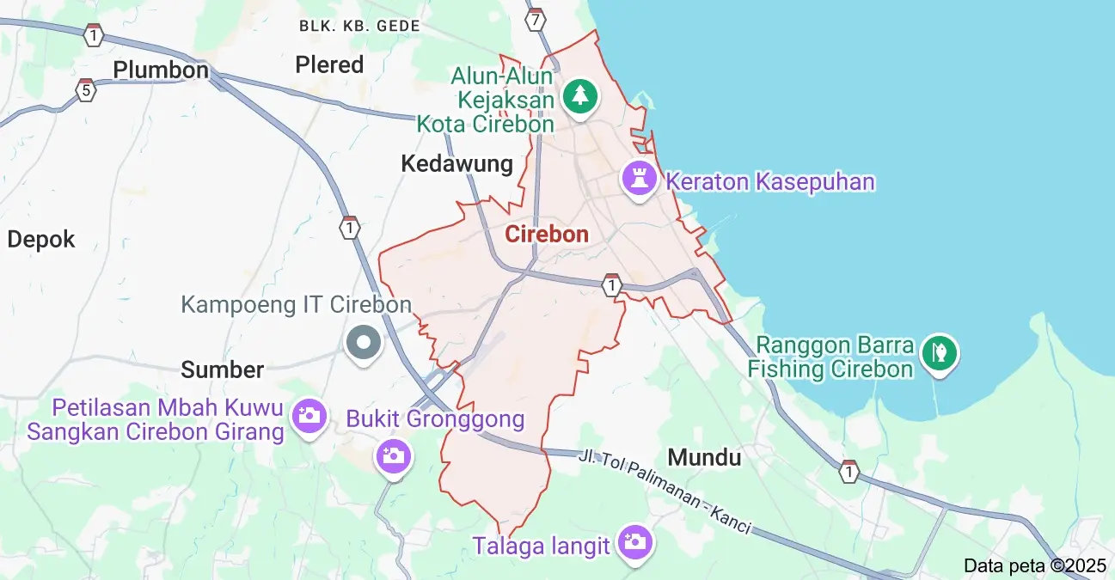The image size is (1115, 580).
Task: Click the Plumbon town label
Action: (161, 70)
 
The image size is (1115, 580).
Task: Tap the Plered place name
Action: (329, 64)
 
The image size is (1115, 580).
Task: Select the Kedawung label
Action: (456, 163)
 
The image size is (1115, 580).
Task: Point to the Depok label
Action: (41, 239)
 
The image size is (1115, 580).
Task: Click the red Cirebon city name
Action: (547, 234)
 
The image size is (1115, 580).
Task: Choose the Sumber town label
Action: (222, 369)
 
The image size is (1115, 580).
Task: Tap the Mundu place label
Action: (704, 457)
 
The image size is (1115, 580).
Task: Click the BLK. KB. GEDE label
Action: (359, 26)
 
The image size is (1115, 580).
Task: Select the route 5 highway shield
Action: (84, 89)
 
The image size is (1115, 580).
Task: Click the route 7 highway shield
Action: (536, 19)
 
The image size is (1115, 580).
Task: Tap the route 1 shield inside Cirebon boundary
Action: (611, 284)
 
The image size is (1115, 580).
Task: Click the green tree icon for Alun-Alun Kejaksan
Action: (580, 95)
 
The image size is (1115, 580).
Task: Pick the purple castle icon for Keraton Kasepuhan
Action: (640, 180)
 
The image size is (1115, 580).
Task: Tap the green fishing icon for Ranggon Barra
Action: (940, 352)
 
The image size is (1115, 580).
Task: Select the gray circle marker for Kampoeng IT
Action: (363, 343)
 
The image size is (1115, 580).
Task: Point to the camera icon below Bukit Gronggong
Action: (394, 455)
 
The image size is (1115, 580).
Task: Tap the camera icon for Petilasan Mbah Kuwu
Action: (309, 417)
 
